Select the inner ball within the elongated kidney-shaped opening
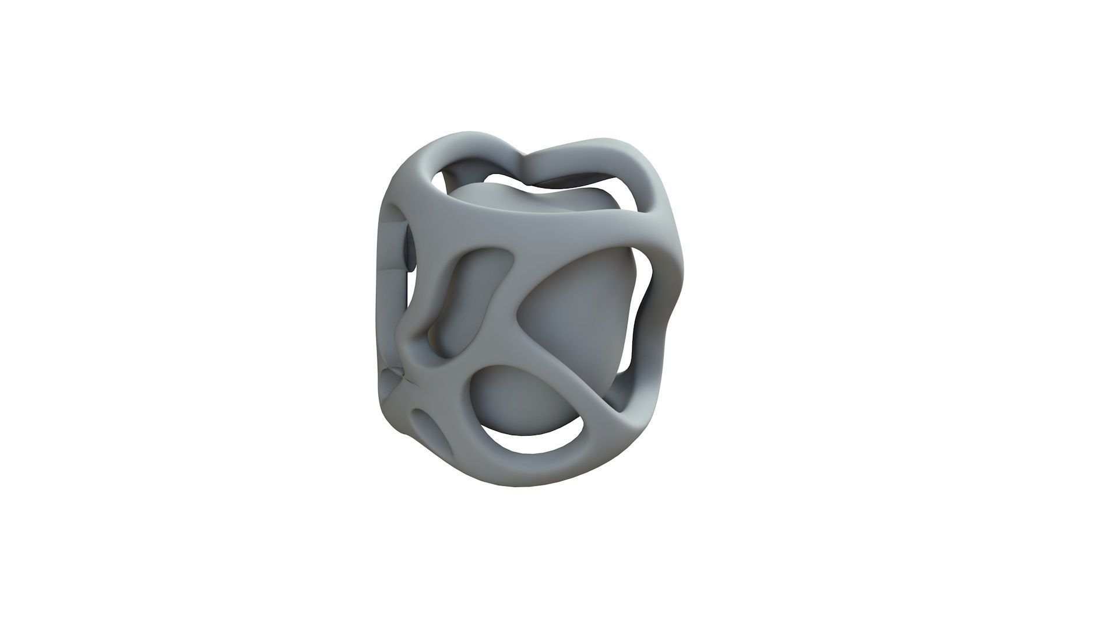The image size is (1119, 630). [x=460, y=303]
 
